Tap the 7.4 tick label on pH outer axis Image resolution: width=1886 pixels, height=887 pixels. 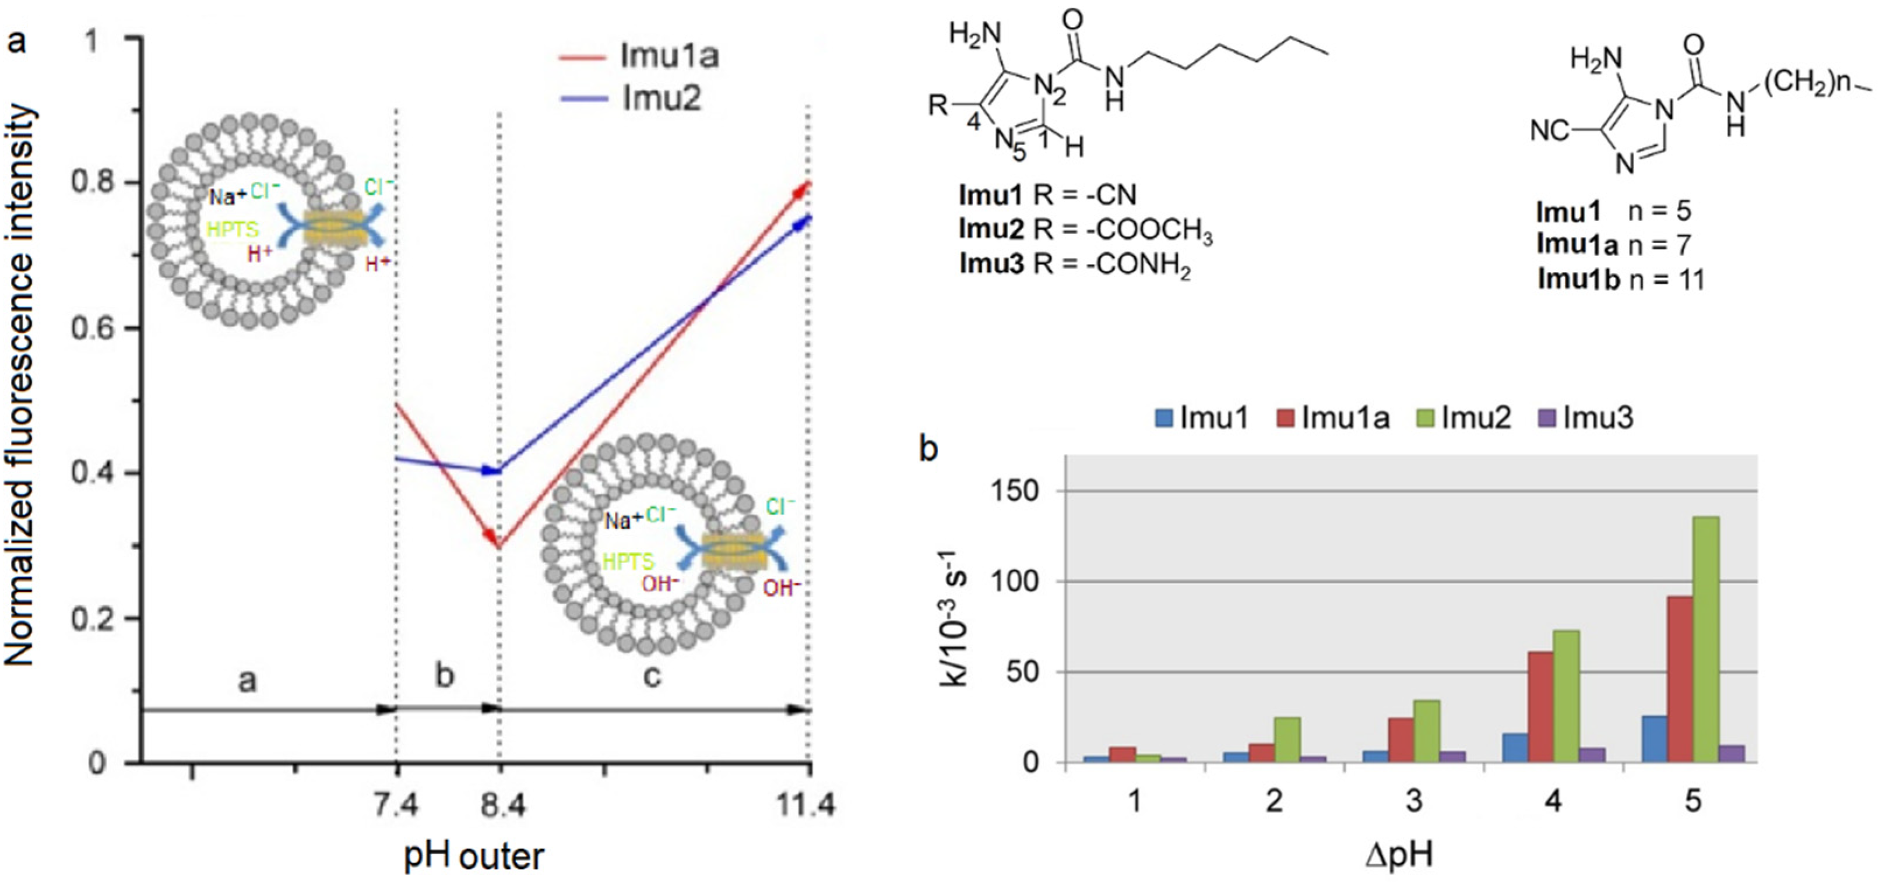coord(397,807)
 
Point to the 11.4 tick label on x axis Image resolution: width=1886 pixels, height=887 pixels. coord(808,807)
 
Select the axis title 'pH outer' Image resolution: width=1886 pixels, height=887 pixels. coord(474,855)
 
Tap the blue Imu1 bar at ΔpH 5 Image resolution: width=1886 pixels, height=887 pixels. coord(1655,739)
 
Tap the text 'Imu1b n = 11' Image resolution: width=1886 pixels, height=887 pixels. coord(1621,279)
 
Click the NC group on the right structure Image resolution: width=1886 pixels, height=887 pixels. coord(1550,132)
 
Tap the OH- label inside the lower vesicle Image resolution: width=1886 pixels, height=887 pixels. coord(660,584)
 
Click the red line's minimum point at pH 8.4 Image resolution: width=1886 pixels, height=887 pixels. coord(498,546)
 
